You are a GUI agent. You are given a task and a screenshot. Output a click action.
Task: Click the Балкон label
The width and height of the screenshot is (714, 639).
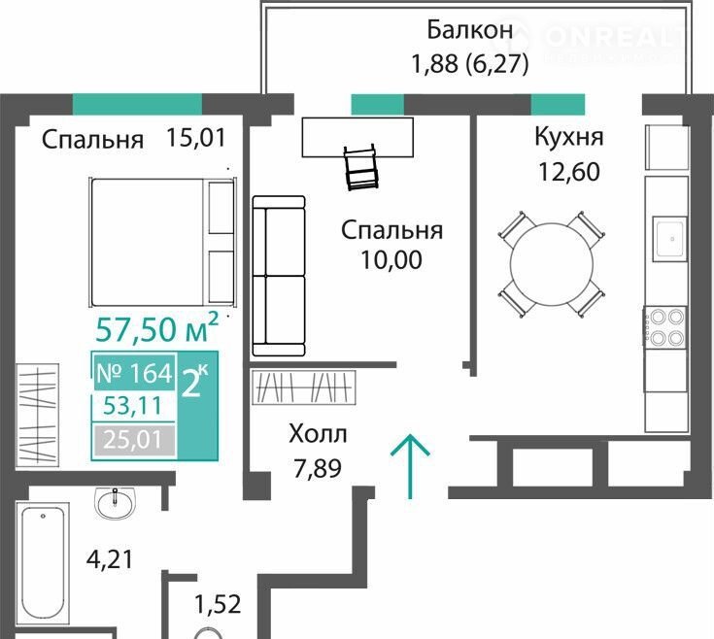[x=470, y=30]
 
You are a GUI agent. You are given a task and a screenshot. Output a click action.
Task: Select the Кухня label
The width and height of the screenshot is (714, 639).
[x=569, y=137]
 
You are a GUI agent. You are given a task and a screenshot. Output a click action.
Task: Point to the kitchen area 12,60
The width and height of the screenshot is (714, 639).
[x=569, y=172]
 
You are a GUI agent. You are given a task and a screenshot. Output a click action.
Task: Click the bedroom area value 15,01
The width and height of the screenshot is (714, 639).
[x=196, y=138]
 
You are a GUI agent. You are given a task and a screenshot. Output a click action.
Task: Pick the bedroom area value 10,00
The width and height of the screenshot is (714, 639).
[x=391, y=260]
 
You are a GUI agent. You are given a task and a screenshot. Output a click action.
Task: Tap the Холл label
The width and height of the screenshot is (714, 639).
[x=318, y=434]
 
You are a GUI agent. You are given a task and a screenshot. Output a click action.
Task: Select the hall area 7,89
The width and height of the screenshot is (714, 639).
[x=318, y=469]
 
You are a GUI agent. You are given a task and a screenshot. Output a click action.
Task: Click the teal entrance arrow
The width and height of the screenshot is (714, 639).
[x=410, y=466]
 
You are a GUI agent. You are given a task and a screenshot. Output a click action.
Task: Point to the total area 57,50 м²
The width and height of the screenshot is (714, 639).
[x=157, y=327]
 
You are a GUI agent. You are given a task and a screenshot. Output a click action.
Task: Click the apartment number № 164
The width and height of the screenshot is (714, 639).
[x=135, y=373]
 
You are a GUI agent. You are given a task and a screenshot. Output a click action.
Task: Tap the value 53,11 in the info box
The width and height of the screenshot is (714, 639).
[x=132, y=406]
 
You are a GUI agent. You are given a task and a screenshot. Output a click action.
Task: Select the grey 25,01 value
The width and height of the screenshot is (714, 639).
[x=133, y=440]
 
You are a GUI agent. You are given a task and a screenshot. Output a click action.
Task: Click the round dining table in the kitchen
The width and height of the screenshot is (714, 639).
[x=552, y=264]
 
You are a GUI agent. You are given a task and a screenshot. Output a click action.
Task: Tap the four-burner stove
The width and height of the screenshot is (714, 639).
[x=664, y=326]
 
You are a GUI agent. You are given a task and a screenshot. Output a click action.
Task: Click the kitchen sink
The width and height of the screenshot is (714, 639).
[x=669, y=239]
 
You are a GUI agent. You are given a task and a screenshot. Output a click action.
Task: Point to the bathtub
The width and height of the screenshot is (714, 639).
[x=43, y=561]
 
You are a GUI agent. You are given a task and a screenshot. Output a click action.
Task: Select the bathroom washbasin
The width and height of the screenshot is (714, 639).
[x=115, y=502]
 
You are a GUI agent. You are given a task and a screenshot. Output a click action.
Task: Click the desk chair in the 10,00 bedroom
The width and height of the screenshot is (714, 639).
[x=361, y=167]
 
